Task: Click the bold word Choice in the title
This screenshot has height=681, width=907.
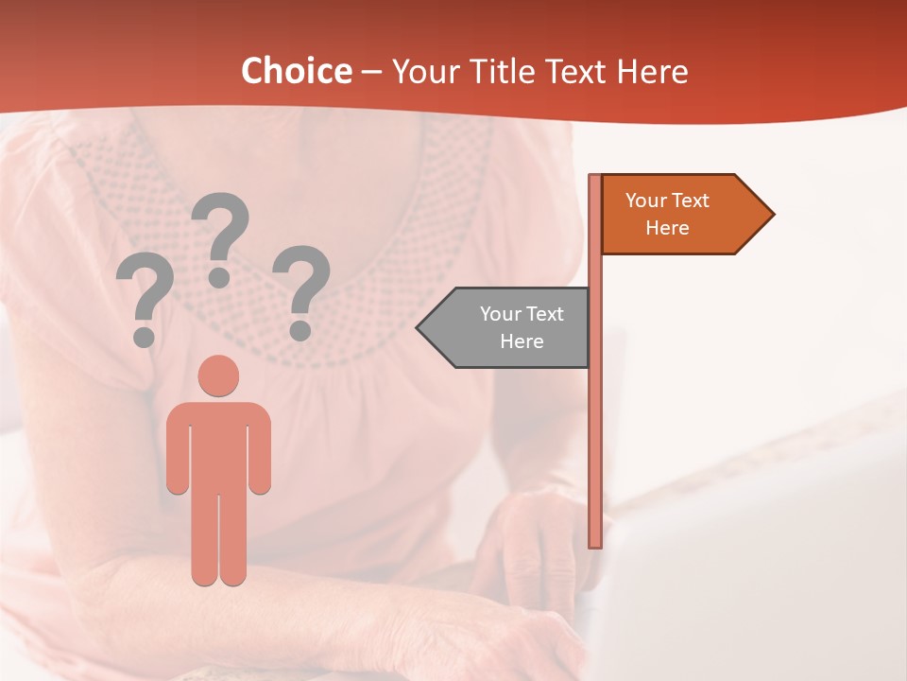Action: tap(296, 72)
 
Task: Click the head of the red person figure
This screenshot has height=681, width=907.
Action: tap(218, 375)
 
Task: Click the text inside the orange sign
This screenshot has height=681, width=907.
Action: tap(667, 214)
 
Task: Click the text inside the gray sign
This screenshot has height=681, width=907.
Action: tap(522, 327)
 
